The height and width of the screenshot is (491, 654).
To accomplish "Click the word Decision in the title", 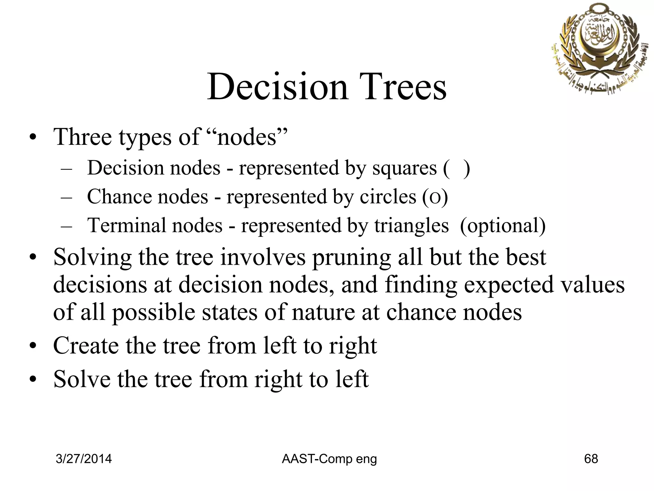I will [x=277, y=87].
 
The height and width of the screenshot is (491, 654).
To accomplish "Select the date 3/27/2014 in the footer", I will [x=84, y=459].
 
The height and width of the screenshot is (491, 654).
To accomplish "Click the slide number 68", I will [x=591, y=459].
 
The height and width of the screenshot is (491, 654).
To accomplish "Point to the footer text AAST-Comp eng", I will [x=329, y=459].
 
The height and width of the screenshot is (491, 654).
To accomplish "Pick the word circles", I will [x=388, y=197].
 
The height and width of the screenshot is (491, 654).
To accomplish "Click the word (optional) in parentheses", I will [x=503, y=226].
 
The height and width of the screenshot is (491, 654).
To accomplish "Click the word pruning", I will [x=351, y=257].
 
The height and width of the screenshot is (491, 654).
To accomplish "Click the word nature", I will [x=323, y=312].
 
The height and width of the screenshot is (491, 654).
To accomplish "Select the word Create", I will [x=86, y=346].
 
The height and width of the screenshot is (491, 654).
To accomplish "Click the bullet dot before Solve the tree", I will [x=33, y=380].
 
